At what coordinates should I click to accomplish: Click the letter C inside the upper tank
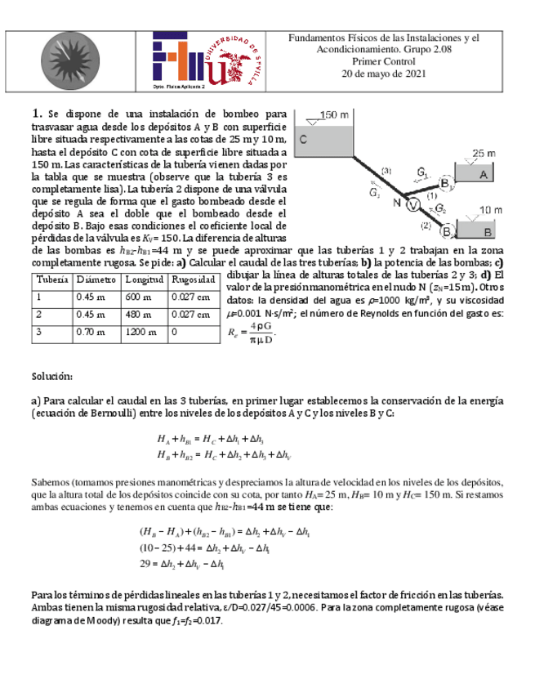pyautogui.click(x=302, y=140)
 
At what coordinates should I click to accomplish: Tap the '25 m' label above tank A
pyautogui.click(x=484, y=153)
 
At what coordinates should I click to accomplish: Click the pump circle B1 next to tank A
pyautogui.click(x=447, y=186)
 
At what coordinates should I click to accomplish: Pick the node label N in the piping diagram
pyautogui.click(x=396, y=203)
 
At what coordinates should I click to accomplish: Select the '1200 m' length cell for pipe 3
pyautogui.click(x=139, y=333)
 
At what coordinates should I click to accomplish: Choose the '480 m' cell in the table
pyautogui.click(x=136, y=315)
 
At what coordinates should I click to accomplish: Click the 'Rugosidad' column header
pyautogui.click(x=192, y=279)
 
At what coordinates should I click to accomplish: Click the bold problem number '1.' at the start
pyautogui.click(x=37, y=114)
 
